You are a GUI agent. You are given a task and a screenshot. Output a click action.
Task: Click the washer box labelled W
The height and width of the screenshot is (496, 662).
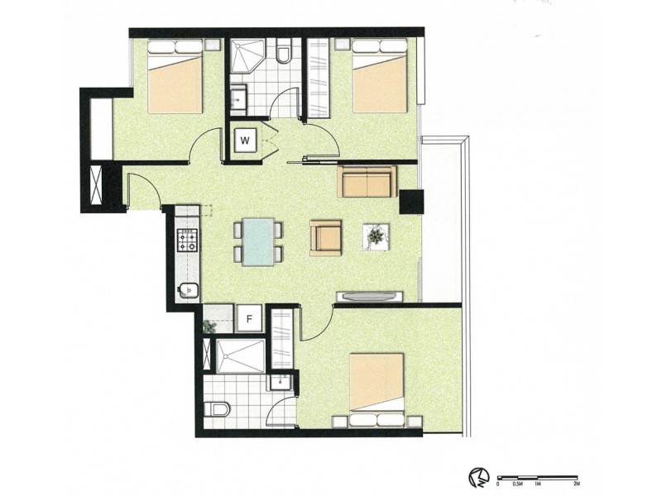click(x=245, y=141)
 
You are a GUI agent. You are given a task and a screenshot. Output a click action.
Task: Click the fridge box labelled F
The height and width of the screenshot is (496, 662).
click(x=250, y=317)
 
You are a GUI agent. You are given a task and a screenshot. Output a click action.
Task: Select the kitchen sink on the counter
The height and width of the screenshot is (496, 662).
click(x=188, y=290)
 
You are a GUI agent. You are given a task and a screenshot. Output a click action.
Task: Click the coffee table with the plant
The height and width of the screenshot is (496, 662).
click(x=377, y=237)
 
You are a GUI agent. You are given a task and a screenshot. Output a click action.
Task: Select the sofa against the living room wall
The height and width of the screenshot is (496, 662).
click(x=367, y=183)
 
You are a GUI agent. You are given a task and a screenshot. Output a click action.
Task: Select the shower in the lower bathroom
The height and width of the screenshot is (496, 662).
click(x=240, y=356)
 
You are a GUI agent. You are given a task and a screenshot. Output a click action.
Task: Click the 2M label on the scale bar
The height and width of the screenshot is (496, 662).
click(x=578, y=482)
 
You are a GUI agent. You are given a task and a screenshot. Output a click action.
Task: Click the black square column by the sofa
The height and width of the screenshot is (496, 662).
click(x=410, y=202)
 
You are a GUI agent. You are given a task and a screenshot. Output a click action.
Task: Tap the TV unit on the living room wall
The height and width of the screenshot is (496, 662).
click(x=369, y=296)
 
